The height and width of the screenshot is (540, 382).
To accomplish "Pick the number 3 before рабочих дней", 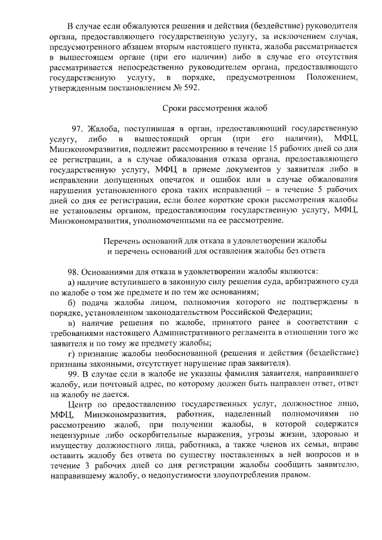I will click(95, 465).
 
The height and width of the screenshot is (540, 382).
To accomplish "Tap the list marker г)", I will click(71, 353).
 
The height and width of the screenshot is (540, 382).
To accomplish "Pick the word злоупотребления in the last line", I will click(248, 476).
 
